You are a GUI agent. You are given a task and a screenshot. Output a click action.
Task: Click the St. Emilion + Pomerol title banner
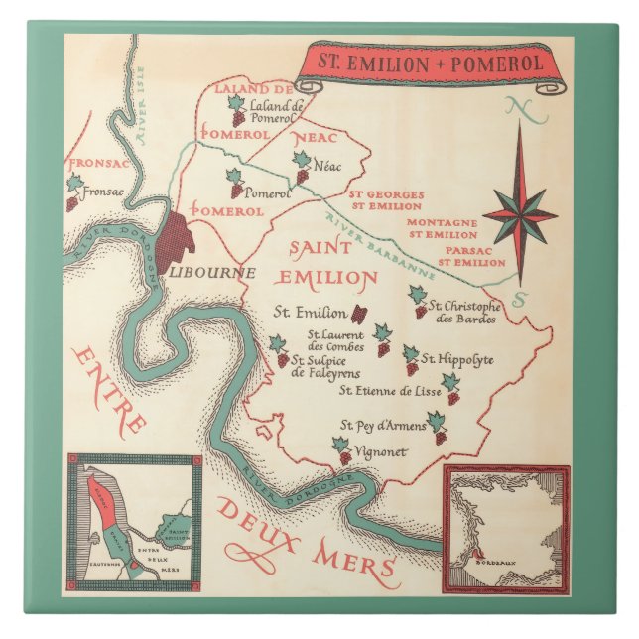point(427,64)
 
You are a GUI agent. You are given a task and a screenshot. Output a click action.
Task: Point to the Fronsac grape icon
point(72,191)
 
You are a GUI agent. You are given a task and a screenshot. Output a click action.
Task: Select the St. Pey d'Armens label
point(383,426)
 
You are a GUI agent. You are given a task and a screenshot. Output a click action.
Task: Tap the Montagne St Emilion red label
point(443,229)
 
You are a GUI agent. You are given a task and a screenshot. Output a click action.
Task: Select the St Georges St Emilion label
point(385,200)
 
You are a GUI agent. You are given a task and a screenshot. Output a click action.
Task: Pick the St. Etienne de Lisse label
point(390,391)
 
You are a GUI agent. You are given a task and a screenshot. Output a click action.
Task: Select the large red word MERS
point(354,562)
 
